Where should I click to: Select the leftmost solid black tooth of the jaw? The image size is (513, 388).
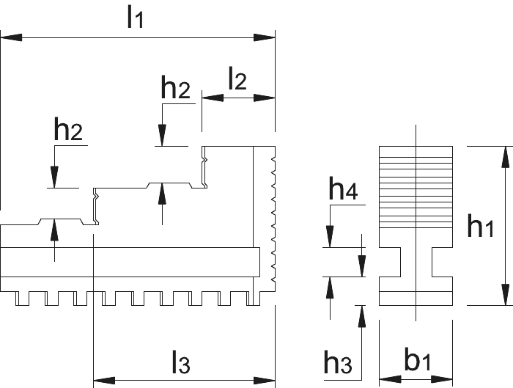coord(20,301)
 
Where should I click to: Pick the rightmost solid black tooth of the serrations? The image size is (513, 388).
coord(255,301)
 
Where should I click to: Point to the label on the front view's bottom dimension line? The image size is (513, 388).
coord(181,364)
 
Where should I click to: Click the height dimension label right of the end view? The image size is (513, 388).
coord(478,227)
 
